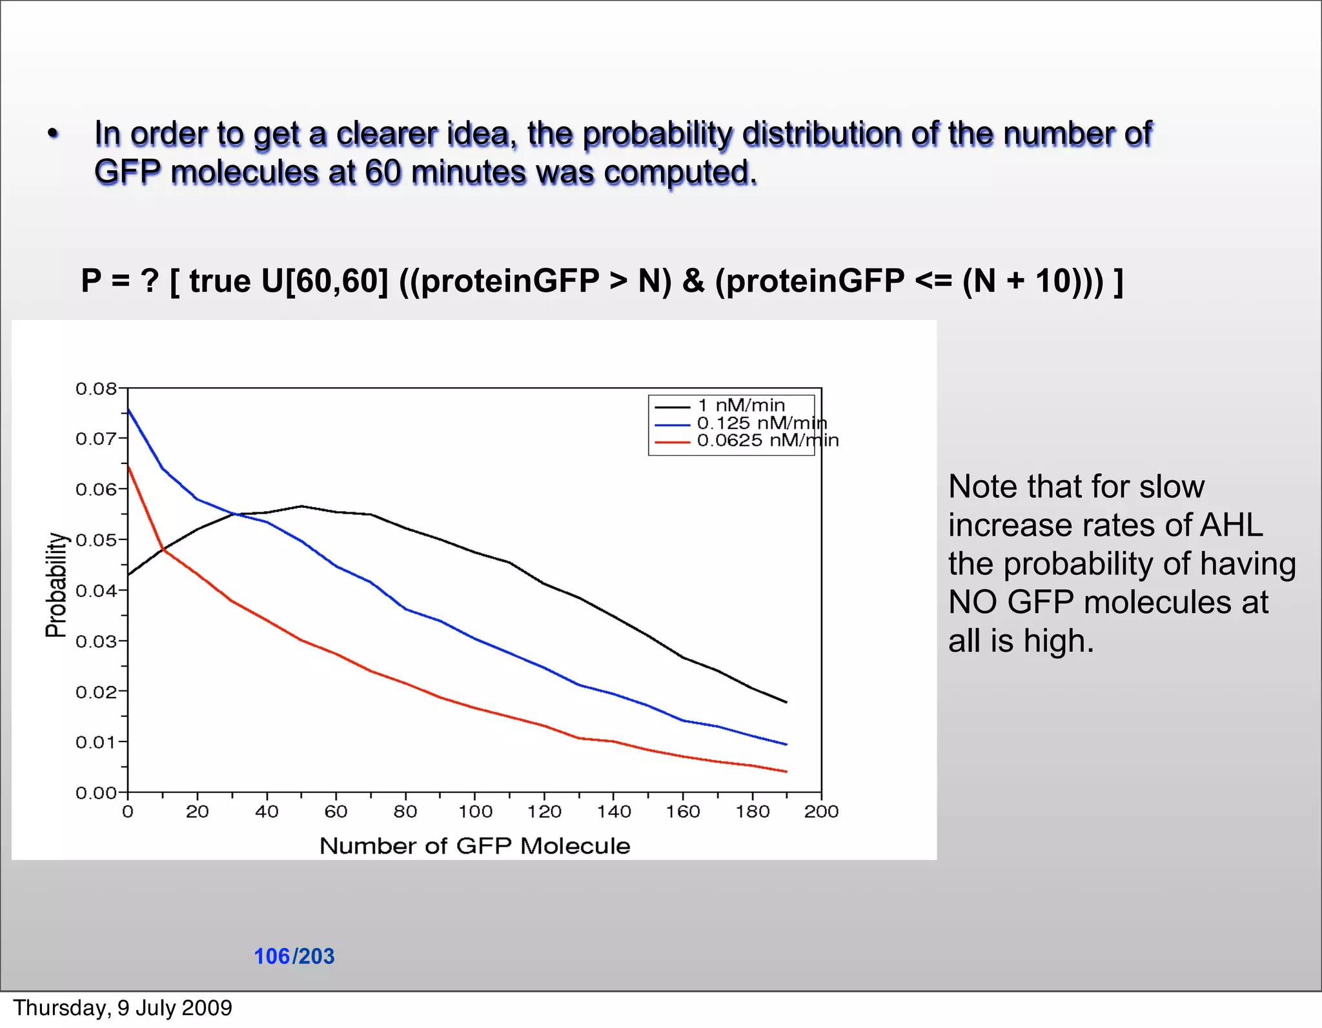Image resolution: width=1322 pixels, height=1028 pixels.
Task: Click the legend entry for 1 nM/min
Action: point(740,405)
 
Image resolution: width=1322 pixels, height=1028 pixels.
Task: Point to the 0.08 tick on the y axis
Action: point(96,389)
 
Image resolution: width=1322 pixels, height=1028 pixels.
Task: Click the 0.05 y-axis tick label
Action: point(96,540)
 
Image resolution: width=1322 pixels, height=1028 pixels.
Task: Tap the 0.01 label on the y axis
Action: point(96,743)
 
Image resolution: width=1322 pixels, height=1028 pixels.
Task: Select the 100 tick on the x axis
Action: point(475,812)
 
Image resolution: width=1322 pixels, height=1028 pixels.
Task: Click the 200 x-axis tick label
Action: point(821,812)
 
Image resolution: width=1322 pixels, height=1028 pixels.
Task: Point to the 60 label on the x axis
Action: point(336,812)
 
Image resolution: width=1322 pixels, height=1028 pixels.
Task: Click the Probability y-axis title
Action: point(57,585)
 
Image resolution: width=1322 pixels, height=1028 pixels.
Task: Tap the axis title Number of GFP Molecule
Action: point(474,846)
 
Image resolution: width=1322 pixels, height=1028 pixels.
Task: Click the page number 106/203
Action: point(294,956)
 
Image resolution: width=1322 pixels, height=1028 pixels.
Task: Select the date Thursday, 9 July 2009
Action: point(123,1008)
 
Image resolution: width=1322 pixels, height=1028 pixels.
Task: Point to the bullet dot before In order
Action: point(53,135)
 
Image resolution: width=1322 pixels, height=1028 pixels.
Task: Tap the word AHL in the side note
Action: point(1230,525)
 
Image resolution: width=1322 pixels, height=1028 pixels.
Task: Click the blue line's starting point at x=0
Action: point(128,409)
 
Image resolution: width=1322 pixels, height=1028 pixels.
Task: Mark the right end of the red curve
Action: point(786,772)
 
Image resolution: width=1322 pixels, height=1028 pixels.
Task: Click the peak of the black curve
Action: point(301,507)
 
